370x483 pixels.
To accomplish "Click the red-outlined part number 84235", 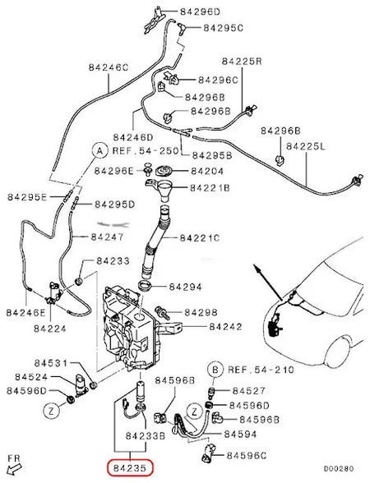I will point(128,469).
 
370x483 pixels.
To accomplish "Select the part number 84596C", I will point(248,454).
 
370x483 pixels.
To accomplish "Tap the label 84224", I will point(51,328).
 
